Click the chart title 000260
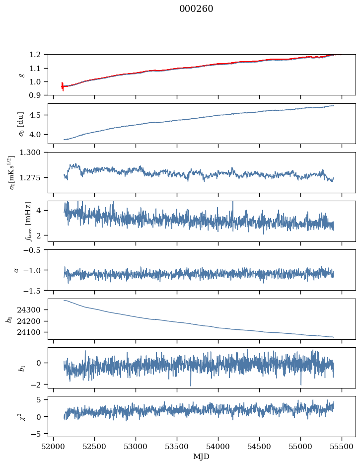tap(196, 9)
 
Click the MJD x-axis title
tap(202, 457)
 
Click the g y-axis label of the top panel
tap(21, 75)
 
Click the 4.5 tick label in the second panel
tap(38, 115)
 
